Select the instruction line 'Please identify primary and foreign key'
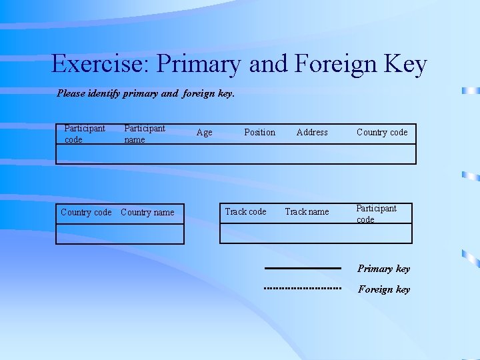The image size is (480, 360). point(146,94)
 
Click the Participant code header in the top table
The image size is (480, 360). point(84,134)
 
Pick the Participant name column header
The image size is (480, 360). point(144,134)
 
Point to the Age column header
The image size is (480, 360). point(205,133)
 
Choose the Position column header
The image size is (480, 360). point(259,133)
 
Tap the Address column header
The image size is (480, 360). point(312,133)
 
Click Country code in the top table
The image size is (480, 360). point(382,133)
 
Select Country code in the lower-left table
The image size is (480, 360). point(86,213)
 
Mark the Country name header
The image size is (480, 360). point(147,213)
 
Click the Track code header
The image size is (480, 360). point(245,212)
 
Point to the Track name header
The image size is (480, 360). point(307,212)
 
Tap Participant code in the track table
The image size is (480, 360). point(376,213)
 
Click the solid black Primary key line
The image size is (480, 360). point(303,268)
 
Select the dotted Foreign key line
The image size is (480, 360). point(303,289)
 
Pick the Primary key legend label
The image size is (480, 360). point(383,269)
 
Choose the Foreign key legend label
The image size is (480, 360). point(384,289)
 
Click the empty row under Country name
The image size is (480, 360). point(147,234)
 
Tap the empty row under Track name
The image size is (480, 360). point(307,233)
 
